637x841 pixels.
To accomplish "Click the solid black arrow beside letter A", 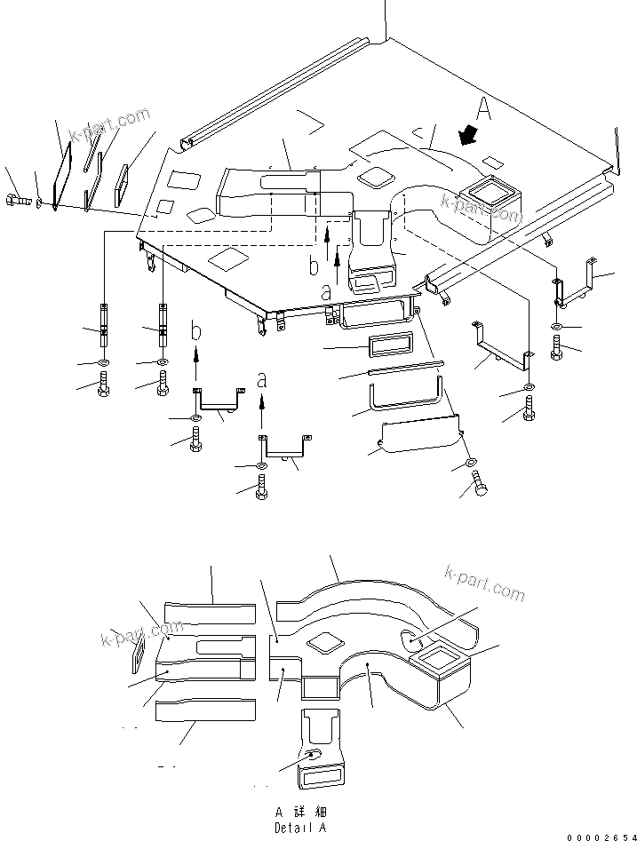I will point(465,135).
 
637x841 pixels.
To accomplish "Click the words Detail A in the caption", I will point(300,828).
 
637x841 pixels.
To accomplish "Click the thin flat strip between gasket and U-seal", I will point(403,366).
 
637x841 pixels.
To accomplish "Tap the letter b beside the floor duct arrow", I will point(312,266).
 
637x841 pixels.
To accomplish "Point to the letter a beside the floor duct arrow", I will point(325,290).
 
